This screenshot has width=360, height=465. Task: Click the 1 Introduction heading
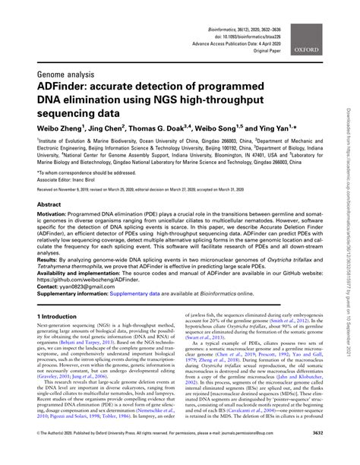pos(65,314)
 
